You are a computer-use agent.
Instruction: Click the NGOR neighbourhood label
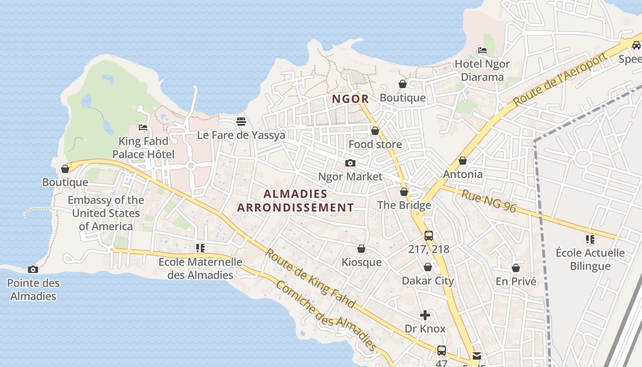pos(350,99)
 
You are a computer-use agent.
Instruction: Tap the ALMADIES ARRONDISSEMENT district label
pos(295,200)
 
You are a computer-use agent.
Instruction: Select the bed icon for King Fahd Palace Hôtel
pos(143,128)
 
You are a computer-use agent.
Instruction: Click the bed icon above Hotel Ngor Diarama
pos(482,50)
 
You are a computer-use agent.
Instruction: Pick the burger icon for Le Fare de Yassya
pos(241,122)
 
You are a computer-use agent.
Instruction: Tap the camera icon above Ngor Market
pos(350,163)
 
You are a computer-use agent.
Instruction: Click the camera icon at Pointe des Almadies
pos(33,269)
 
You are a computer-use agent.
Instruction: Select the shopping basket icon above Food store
pos(375,131)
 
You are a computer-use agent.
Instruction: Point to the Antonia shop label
pos(463,174)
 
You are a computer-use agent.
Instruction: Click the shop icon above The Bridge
pos(404,192)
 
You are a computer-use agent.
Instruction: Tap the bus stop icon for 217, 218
pos(429,236)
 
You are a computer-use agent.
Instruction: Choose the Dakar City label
pos(428,281)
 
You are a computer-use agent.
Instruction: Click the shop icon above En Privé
pos(516,268)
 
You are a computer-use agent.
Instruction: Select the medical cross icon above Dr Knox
pos(425,315)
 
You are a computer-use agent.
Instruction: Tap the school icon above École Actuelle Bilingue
pos(590,239)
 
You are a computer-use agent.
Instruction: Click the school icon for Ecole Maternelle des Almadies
pos(200,248)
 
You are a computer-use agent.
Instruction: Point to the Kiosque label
pos(361,262)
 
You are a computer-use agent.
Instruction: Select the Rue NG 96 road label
pos(488,201)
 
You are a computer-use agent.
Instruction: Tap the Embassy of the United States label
pos(105,213)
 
